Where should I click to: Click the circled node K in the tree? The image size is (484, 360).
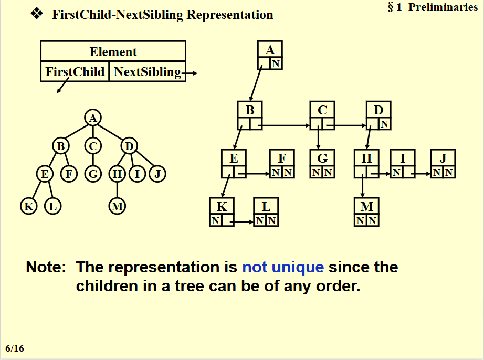pos(29,206)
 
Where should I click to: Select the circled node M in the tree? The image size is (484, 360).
pos(117,206)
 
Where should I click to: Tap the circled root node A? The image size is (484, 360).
pos(93,118)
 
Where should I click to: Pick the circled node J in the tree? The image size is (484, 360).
pos(157,174)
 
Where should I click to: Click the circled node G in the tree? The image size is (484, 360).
pos(93,174)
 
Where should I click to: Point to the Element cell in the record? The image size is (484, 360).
pos(113,51)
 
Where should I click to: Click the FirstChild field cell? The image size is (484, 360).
pos(75,71)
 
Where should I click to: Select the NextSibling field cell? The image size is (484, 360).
pos(148,71)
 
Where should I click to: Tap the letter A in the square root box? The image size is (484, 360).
pos(270,50)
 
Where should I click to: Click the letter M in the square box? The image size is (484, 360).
pos(367,206)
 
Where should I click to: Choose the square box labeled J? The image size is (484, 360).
pos(443,164)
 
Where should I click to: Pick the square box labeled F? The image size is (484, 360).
pos(282,164)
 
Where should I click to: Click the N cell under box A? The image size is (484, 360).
pos(276,63)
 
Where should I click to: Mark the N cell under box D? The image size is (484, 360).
pos(385,124)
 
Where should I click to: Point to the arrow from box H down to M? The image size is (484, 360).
pos(362,186)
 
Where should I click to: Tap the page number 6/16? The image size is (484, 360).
pos(15,348)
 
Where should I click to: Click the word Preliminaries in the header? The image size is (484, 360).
pos(443,7)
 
